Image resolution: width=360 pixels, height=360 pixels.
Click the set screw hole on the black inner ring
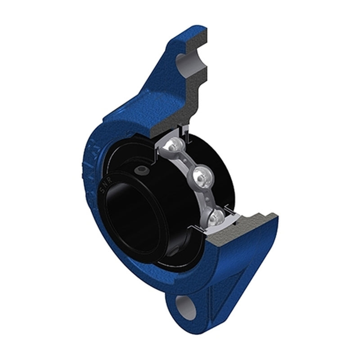[143, 170]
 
